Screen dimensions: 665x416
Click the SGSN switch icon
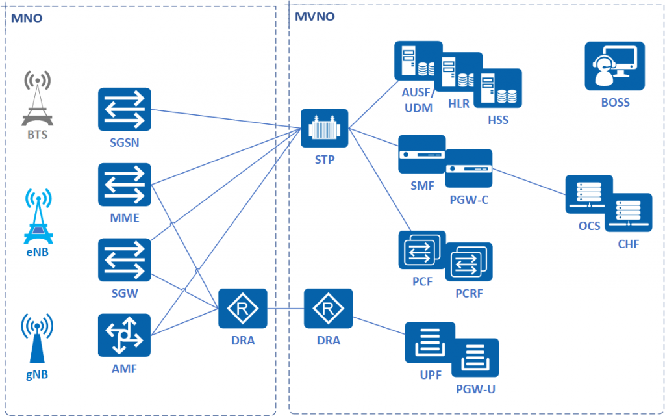click(x=124, y=109)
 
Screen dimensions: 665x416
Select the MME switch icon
click(x=124, y=185)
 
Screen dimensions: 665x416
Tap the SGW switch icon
click(x=124, y=260)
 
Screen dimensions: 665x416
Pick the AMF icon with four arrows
click(x=124, y=335)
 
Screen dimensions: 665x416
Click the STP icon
click(x=325, y=128)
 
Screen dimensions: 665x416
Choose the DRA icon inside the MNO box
click(x=243, y=309)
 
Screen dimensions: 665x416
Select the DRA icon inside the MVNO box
click(x=328, y=309)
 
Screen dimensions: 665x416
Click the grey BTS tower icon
click(x=37, y=99)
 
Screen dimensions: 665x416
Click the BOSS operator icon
click(x=614, y=66)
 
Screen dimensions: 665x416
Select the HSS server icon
click(x=498, y=88)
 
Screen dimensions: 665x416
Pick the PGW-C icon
click(x=469, y=168)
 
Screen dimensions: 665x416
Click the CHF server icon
click(x=628, y=213)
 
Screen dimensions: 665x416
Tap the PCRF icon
click(x=469, y=262)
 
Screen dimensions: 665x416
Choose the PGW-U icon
click(x=475, y=358)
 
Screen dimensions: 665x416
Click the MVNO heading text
click(x=315, y=17)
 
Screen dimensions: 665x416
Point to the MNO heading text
click(x=26, y=19)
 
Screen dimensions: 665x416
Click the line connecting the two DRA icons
click(x=286, y=309)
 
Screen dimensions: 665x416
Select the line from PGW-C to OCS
click(x=529, y=182)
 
